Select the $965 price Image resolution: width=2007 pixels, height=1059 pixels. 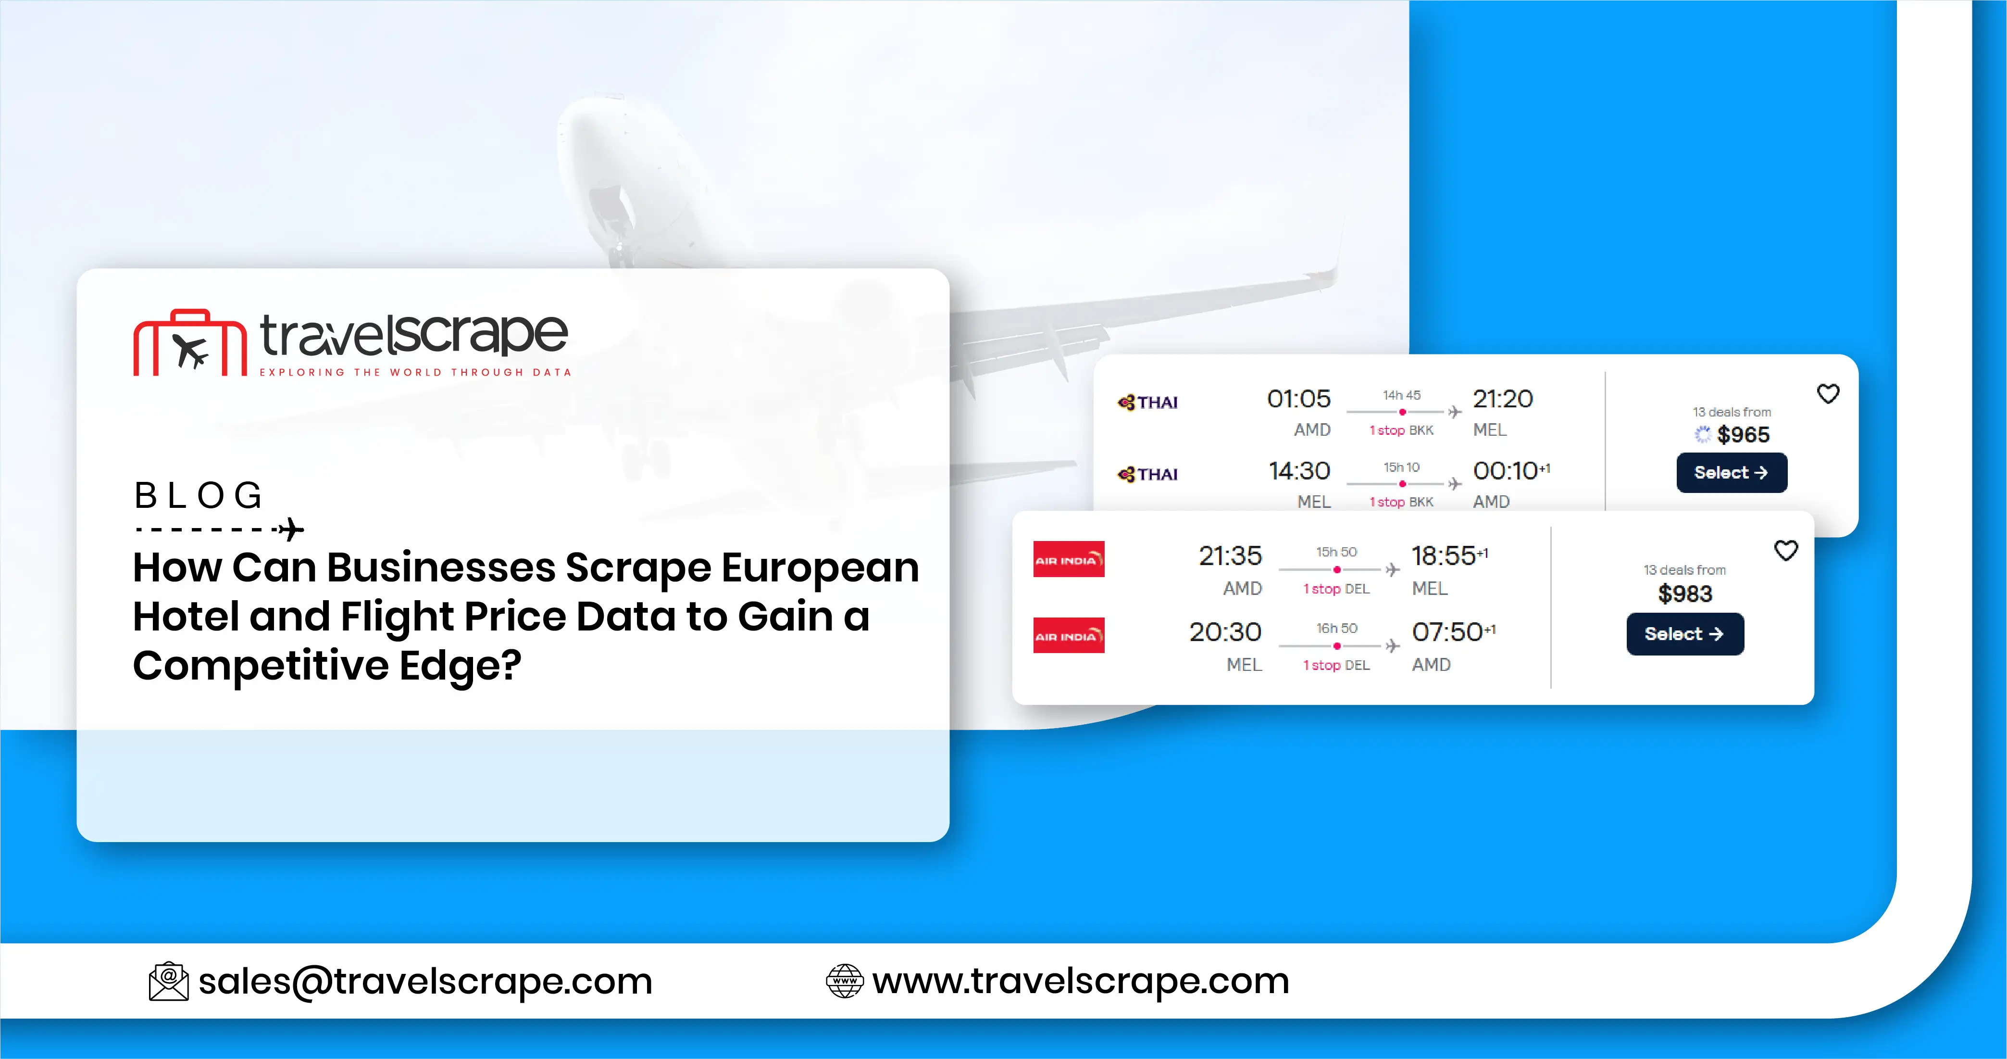pyautogui.click(x=1743, y=435)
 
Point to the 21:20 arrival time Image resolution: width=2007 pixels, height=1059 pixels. pyautogui.click(x=1502, y=399)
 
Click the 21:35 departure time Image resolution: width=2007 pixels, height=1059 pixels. pyautogui.click(x=1230, y=555)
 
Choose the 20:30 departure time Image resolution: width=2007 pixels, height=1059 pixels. pyautogui.click(x=1225, y=632)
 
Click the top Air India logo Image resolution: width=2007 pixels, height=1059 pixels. pyautogui.click(x=1068, y=559)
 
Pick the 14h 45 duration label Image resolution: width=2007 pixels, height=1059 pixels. pyautogui.click(x=1402, y=395)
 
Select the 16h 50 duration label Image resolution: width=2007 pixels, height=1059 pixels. pyautogui.click(x=1336, y=628)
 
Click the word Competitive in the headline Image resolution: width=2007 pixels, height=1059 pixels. pyautogui.click(x=261, y=666)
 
